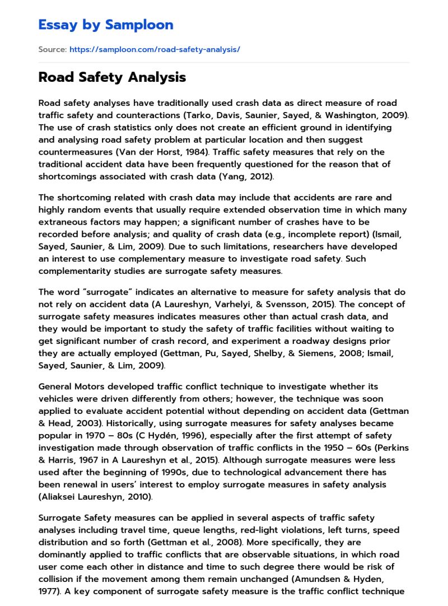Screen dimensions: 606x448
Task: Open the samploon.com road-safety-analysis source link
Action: [x=155, y=49]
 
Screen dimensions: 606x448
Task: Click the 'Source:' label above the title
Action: [x=52, y=49]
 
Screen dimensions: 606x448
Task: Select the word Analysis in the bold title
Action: [x=156, y=77]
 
